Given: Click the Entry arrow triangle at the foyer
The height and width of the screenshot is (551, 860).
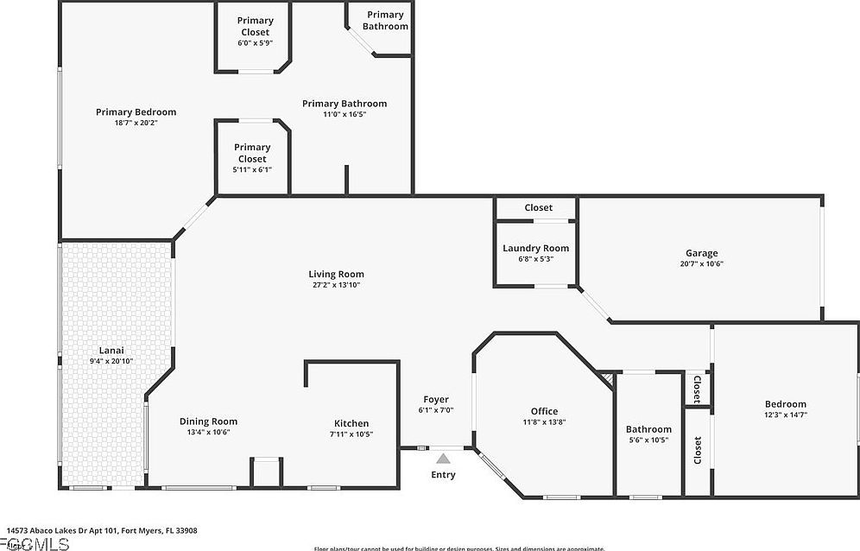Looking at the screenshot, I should [443, 459].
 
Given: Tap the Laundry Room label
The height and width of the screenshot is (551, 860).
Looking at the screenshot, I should [535, 249].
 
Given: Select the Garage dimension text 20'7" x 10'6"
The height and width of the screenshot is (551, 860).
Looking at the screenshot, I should [701, 264].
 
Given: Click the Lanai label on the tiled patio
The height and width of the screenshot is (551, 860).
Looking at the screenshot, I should [111, 351].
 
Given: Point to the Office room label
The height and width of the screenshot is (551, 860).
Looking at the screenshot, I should [544, 411].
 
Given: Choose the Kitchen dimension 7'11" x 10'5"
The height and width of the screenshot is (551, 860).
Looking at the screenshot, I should [351, 434].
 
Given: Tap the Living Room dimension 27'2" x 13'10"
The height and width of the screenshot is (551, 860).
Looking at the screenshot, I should [336, 285].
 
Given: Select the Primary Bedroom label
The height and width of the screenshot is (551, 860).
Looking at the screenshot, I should [136, 112].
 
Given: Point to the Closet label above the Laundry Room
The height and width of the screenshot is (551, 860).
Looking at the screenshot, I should [538, 208].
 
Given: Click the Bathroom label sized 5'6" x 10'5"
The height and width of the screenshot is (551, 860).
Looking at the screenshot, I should [648, 429].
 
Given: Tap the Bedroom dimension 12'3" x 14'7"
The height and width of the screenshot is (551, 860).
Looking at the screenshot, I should [786, 415].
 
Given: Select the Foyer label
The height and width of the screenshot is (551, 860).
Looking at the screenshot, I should [436, 400].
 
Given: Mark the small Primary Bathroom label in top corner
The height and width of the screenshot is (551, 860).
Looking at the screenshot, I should [385, 21].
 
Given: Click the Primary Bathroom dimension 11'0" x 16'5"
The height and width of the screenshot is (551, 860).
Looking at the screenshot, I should [345, 114].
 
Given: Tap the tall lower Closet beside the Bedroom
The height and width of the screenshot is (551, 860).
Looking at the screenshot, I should [698, 450].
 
